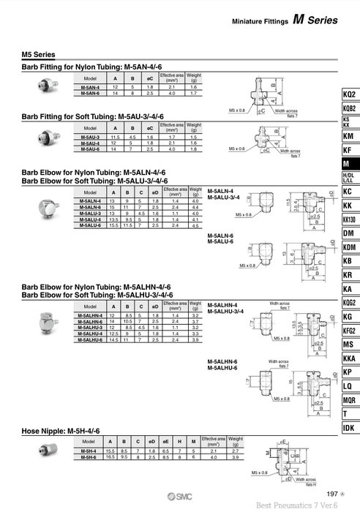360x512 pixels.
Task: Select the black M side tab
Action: click(x=350, y=165)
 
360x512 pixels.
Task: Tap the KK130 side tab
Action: click(x=350, y=219)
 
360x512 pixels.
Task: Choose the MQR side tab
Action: click(x=350, y=399)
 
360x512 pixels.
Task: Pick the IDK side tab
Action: click(x=350, y=427)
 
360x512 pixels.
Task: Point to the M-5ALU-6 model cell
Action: click(x=91, y=226)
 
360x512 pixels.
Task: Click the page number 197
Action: click(x=332, y=494)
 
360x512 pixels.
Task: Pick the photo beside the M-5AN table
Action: click(x=44, y=86)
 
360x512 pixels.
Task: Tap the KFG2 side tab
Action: click(x=350, y=330)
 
